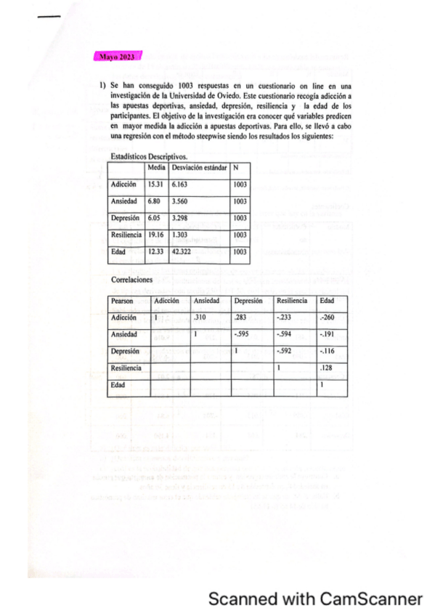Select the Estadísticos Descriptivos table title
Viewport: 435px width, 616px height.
tap(149, 155)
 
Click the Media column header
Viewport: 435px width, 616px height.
tap(157, 167)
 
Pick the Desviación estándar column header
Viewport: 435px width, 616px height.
tap(199, 167)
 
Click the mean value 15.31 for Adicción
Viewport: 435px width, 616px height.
tap(156, 185)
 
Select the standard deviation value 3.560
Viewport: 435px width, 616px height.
tap(182, 200)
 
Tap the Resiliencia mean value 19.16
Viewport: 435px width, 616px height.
tap(156, 235)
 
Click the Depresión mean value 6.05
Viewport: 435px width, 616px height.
tap(155, 218)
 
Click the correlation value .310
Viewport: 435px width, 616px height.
tap(203, 317)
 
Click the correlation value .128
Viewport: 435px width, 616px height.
tap(327, 368)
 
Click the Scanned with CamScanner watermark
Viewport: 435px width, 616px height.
tap(315, 599)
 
